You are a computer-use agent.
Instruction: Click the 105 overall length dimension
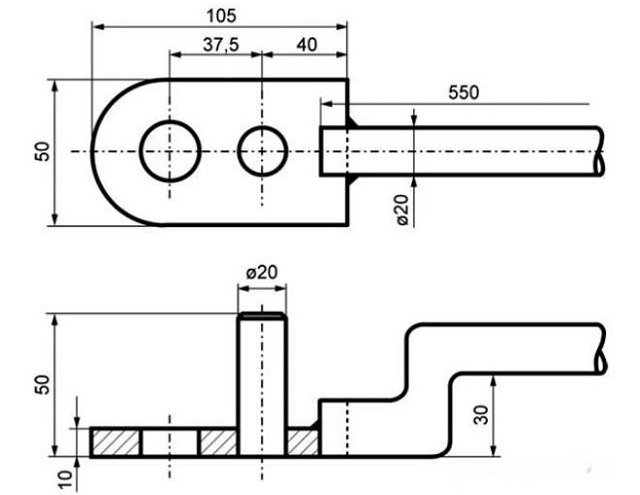pyautogui.click(x=221, y=16)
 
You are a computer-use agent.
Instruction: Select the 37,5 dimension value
pyautogui.click(x=221, y=45)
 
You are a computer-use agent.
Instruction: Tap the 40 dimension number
pyautogui.click(x=306, y=45)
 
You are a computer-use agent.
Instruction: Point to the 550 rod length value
pyautogui.click(x=464, y=93)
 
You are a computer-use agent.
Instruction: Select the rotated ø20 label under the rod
pyautogui.click(x=402, y=210)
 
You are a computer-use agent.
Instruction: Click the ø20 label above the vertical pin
pyautogui.click(x=262, y=273)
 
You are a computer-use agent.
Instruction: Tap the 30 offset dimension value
pyautogui.click(x=482, y=414)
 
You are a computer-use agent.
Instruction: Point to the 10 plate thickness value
pyautogui.click(x=65, y=479)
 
